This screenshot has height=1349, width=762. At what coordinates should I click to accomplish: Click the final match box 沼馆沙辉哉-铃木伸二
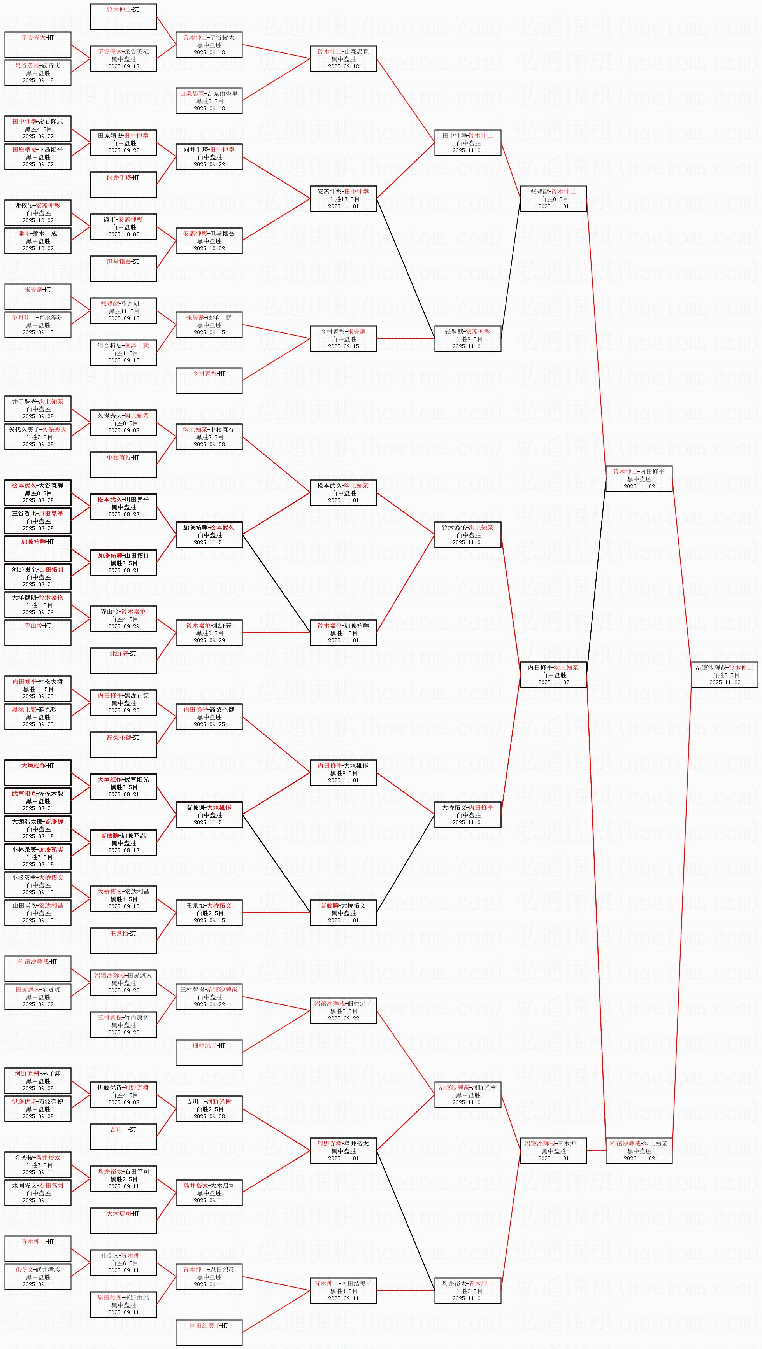tap(724, 674)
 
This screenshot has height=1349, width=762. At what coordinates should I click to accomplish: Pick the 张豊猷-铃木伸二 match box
tap(553, 199)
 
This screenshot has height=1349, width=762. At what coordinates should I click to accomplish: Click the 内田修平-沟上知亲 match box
tap(553, 674)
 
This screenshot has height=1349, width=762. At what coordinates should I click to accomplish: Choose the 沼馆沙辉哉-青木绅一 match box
tap(553, 1151)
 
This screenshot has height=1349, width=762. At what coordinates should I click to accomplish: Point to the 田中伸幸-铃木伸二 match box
tap(467, 142)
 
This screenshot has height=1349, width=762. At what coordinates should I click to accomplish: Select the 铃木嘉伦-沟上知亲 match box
tap(467, 535)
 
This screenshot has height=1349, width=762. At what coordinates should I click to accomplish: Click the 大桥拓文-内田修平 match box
tap(467, 814)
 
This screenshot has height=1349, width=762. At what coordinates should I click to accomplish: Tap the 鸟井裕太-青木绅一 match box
tap(467, 1290)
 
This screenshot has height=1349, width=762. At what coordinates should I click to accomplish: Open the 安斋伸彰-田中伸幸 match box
tap(343, 199)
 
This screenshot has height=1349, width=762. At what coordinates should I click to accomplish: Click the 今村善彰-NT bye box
tap(209, 381)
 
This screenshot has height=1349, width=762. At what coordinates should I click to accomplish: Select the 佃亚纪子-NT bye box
tap(209, 1053)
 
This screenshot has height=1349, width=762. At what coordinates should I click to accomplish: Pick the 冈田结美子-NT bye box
tap(209, 1332)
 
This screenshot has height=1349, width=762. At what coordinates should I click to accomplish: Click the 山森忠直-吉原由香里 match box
tap(209, 101)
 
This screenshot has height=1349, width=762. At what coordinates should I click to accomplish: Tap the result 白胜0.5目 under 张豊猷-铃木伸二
tap(553, 199)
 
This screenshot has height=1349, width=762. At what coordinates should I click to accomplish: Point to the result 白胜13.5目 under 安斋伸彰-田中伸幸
tap(344, 199)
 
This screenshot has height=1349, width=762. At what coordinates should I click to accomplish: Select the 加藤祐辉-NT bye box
tap(38, 548)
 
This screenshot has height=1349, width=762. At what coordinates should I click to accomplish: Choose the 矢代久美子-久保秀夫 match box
tap(38, 437)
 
